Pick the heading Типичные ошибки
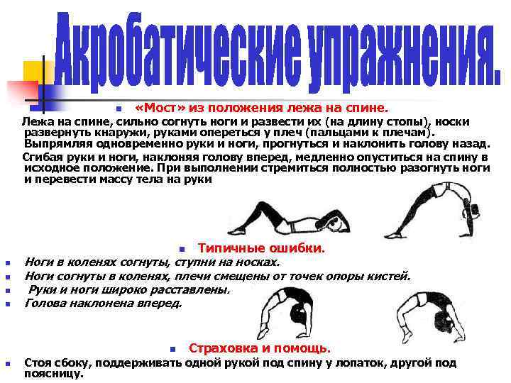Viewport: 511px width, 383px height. coord(261,249)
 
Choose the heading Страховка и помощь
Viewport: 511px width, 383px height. coord(259,348)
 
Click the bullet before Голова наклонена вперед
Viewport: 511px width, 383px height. coord(6,304)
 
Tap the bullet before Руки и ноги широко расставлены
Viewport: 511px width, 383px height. coord(6,291)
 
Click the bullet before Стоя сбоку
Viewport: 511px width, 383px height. coord(6,364)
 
